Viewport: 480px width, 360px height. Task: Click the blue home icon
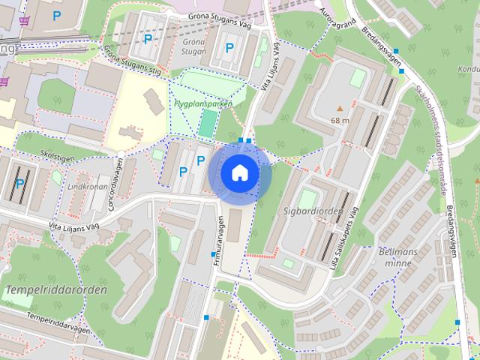click(x=240, y=172)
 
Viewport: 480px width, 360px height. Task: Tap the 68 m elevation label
click(x=340, y=120)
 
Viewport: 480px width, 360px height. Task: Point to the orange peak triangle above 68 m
click(x=340, y=109)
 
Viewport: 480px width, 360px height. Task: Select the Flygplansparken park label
click(x=202, y=103)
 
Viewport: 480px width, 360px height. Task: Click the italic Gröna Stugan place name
click(x=193, y=47)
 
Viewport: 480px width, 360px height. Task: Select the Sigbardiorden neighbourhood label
click(x=313, y=211)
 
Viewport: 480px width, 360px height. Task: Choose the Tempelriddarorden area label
click(x=56, y=289)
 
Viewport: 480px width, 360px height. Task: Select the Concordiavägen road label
click(x=115, y=187)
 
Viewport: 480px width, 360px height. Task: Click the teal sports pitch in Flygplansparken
click(x=205, y=124)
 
